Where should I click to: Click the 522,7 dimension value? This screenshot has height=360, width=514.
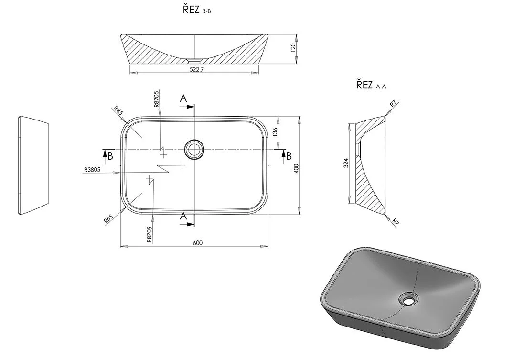197,70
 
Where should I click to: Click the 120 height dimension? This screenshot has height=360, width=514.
293,46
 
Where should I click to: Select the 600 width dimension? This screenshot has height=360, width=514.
198,243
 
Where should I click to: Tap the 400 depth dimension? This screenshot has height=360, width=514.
296,169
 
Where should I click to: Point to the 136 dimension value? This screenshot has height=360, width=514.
275,131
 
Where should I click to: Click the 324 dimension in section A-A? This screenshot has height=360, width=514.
346,163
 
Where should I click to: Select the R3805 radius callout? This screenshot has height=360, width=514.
92,170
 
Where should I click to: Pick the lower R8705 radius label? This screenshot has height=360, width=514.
150,234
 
